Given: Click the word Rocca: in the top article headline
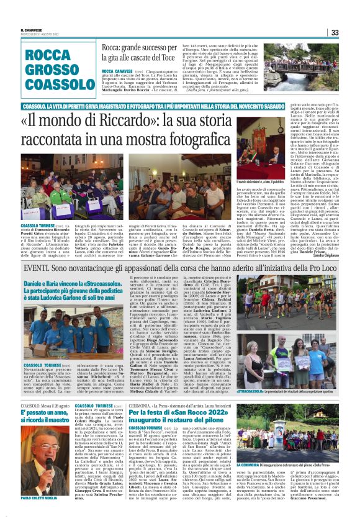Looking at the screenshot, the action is click(x=113, y=47).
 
